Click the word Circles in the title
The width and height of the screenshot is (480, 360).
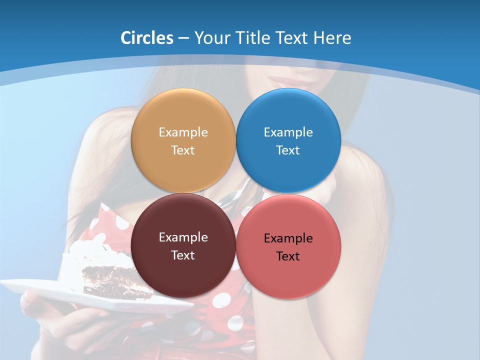(146, 38)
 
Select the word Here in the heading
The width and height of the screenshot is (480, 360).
(332, 38)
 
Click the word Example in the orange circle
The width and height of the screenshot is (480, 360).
(183, 132)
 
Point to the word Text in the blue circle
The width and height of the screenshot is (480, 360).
(288, 150)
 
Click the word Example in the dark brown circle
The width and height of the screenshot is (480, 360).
(183, 237)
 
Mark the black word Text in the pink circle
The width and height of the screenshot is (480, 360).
(288, 256)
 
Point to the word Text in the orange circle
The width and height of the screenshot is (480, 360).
(183, 150)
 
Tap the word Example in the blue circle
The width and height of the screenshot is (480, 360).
(288, 132)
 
